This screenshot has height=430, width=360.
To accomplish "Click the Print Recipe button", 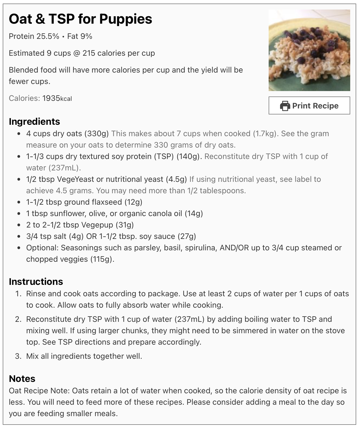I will (309, 105).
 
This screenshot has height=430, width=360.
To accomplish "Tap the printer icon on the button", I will (285, 106).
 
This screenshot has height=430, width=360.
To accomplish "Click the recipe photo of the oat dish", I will (309, 50).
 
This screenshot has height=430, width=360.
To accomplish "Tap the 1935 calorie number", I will (51, 98).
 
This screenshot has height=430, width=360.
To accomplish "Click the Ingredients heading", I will (34, 121).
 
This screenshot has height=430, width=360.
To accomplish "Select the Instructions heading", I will (36, 281).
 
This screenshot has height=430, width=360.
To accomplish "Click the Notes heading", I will (22, 378).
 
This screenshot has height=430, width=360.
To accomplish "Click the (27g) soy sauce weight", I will (187, 236).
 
